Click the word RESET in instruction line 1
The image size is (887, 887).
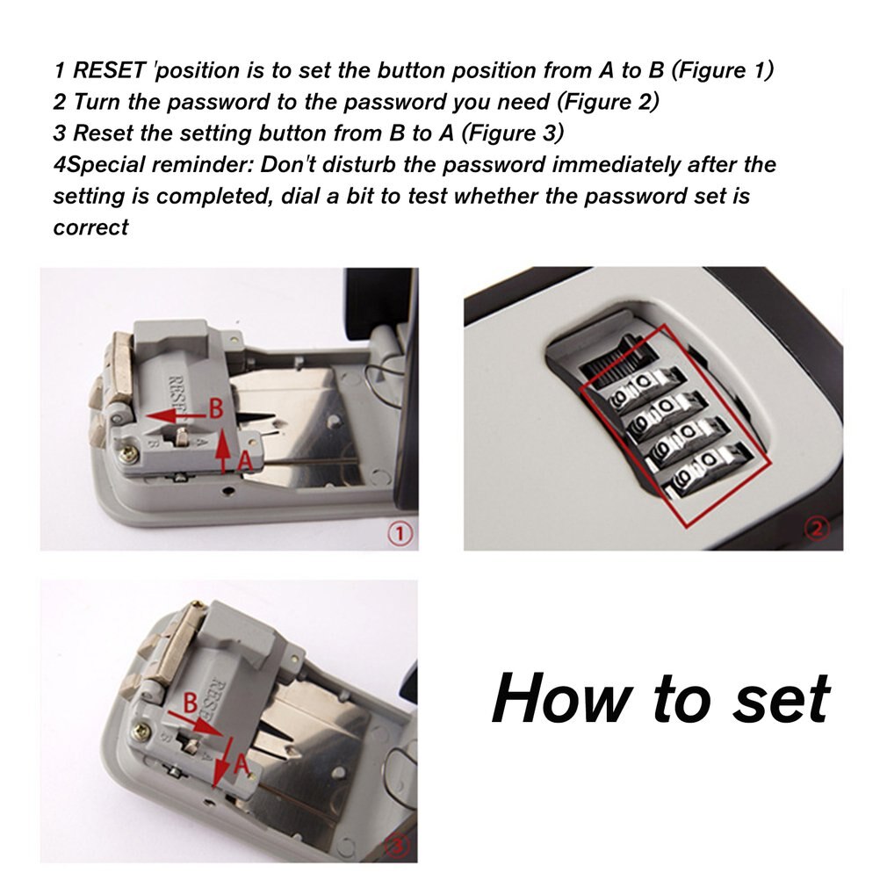(109, 70)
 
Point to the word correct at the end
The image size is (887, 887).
(90, 227)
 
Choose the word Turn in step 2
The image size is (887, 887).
(97, 102)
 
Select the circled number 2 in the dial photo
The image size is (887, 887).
(817, 530)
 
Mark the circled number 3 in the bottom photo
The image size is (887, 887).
(397, 844)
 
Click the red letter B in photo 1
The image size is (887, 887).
(217, 407)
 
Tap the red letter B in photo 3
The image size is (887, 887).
(189, 702)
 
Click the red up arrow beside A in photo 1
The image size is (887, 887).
(225, 448)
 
